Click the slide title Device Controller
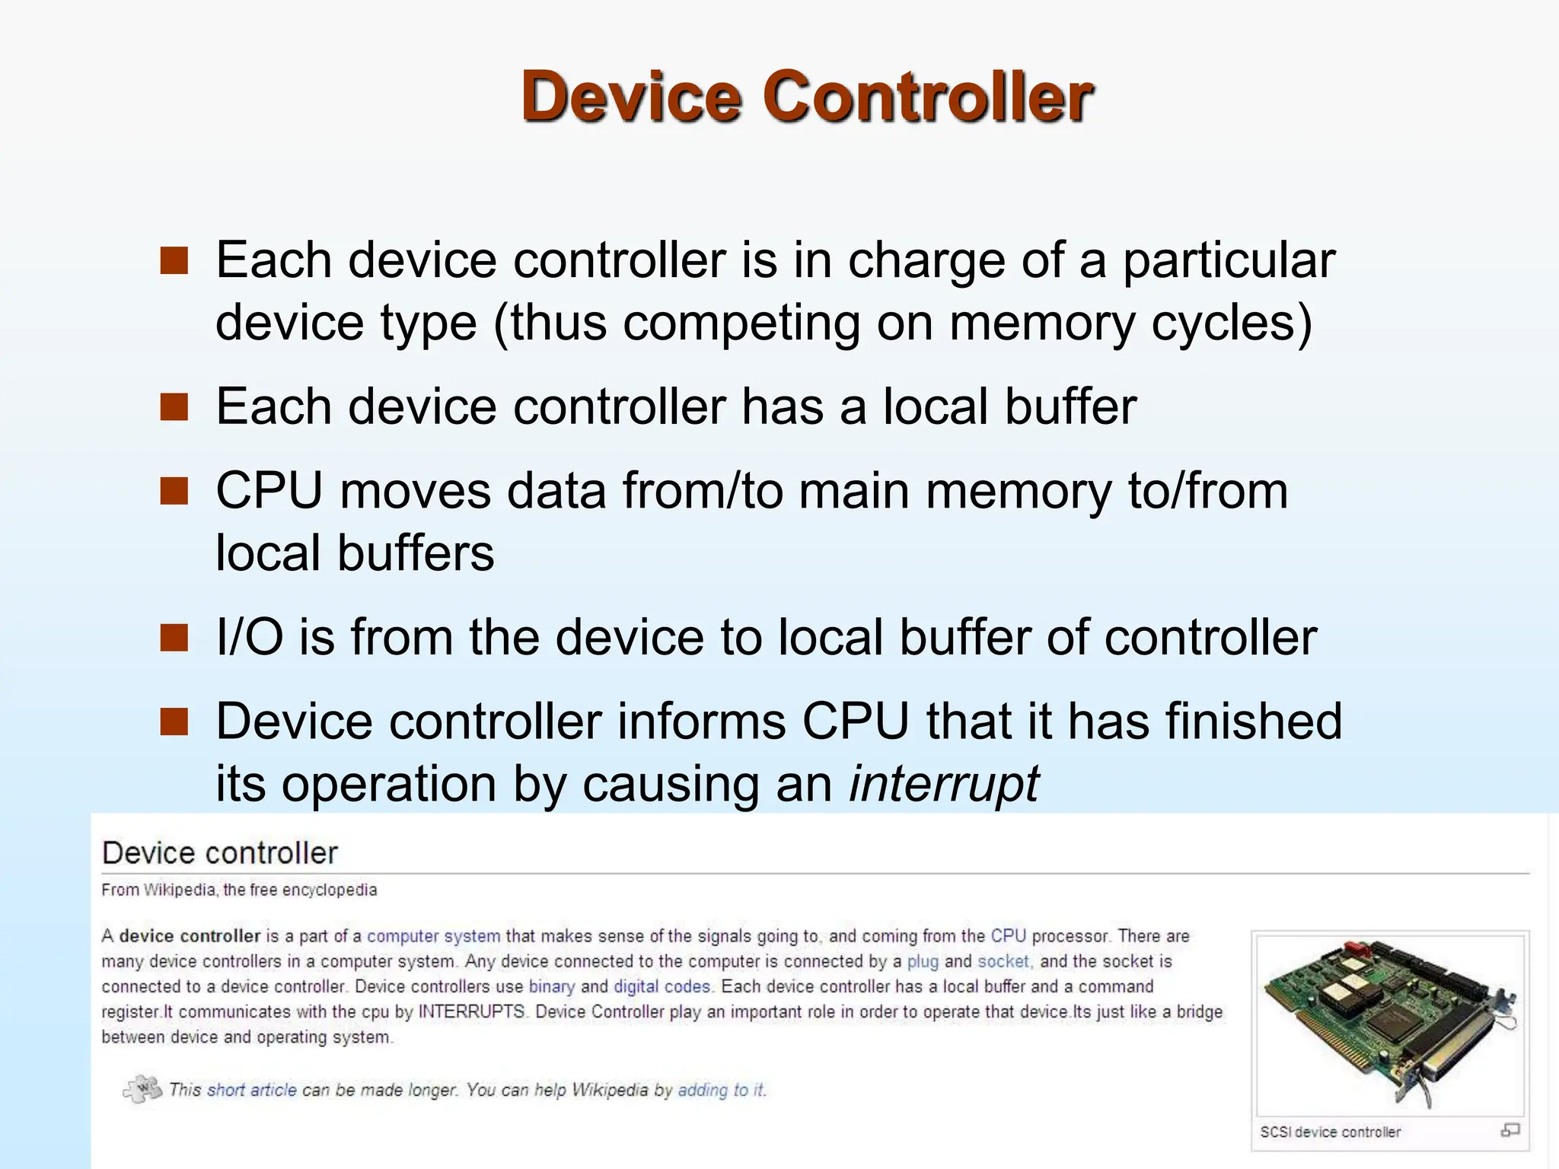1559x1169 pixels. click(x=807, y=97)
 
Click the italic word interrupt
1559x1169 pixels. click(x=944, y=783)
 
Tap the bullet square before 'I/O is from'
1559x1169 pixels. click(x=174, y=638)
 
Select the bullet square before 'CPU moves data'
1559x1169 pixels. click(x=174, y=491)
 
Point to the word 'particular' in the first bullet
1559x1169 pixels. click(x=1229, y=260)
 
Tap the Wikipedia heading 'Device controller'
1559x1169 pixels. click(x=219, y=853)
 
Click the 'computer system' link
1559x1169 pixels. click(x=434, y=936)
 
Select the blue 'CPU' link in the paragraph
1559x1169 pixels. click(x=1008, y=936)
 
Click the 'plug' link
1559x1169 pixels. click(x=923, y=961)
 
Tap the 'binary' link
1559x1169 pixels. click(x=552, y=986)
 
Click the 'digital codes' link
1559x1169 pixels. click(x=662, y=986)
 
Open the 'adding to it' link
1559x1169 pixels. click(x=721, y=1090)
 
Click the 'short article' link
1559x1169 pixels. click(x=252, y=1090)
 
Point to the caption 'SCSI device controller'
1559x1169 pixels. click(x=1330, y=1132)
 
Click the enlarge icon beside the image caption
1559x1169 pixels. click(x=1510, y=1130)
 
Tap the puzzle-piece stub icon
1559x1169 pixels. click(x=142, y=1089)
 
